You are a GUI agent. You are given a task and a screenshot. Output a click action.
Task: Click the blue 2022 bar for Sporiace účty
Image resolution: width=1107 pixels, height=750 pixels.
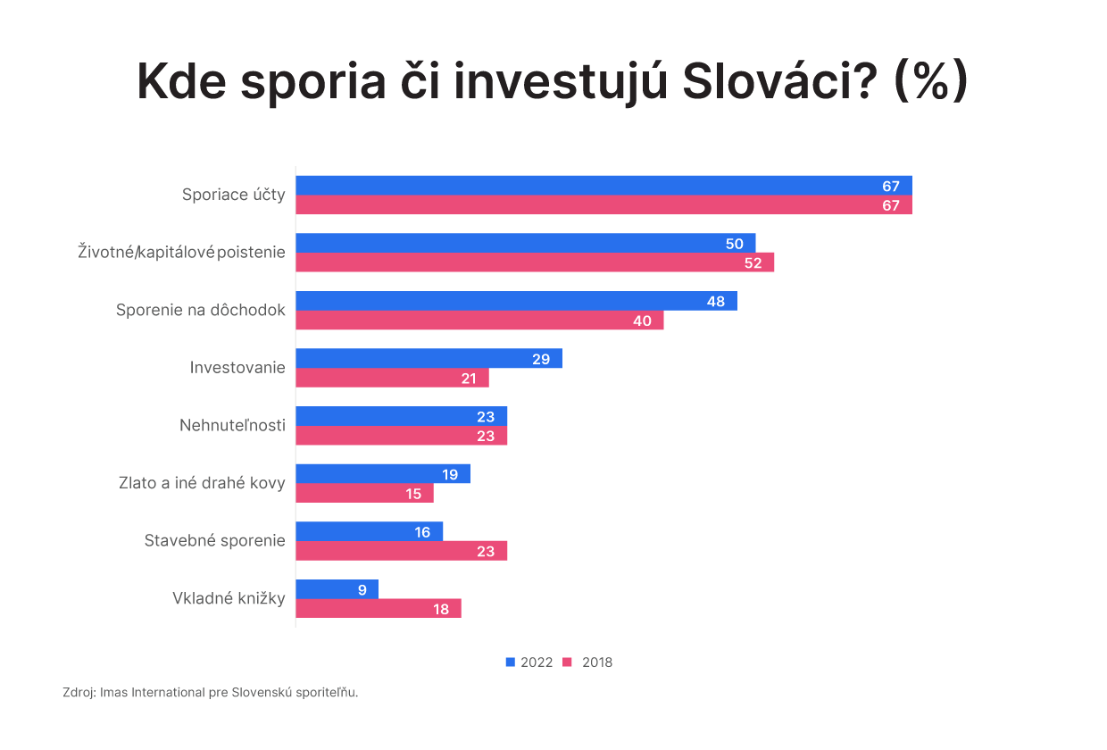click(603, 186)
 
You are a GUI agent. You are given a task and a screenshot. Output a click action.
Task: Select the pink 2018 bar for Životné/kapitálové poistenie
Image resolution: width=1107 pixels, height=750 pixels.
click(535, 262)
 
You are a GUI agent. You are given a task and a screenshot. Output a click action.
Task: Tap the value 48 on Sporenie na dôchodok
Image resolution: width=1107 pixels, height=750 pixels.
click(716, 301)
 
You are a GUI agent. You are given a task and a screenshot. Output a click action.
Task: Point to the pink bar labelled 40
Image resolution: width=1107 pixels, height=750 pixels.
click(479, 321)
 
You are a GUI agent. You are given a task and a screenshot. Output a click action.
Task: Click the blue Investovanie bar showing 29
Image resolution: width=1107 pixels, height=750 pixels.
click(429, 359)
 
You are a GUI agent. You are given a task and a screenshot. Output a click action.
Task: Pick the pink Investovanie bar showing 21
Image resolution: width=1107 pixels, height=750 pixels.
click(392, 379)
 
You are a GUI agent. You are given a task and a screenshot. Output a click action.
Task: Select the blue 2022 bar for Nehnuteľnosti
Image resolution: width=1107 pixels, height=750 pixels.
click(401, 416)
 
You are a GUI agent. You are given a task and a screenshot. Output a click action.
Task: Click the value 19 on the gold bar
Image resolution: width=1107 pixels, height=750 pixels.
click(450, 474)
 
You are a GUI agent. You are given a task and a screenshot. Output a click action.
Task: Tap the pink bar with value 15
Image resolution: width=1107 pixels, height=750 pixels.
click(364, 494)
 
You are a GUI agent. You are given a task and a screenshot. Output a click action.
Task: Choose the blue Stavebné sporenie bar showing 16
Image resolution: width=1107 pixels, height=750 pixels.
click(369, 532)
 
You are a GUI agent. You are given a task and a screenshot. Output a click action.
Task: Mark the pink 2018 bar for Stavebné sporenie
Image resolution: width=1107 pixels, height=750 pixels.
click(401, 551)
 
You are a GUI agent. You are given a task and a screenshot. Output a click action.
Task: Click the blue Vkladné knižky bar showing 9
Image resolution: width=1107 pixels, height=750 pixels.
click(337, 589)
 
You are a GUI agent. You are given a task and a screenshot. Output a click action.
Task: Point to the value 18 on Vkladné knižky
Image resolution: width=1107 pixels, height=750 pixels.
click(441, 609)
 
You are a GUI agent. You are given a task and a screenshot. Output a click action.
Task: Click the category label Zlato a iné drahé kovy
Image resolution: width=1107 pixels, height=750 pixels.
click(202, 483)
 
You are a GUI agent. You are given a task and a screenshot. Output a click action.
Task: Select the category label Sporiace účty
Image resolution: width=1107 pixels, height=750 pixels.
click(234, 194)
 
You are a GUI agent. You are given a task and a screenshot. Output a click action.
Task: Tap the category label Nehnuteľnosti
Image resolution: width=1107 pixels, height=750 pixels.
click(232, 425)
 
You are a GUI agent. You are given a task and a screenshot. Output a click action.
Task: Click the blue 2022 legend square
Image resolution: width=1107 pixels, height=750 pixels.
click(511, 662)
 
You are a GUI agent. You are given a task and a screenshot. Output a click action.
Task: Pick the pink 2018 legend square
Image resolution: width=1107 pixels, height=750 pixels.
click(567, 662)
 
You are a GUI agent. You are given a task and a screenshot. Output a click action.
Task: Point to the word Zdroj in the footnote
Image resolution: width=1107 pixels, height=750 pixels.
click(79, 692)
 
